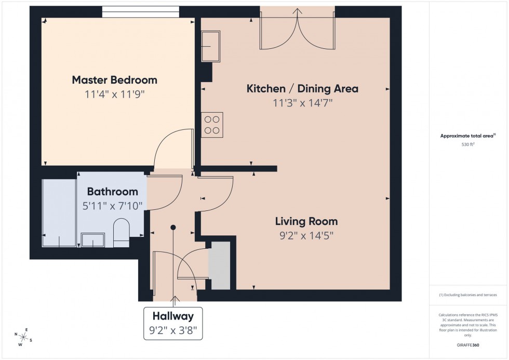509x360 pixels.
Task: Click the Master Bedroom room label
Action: click(114, 80)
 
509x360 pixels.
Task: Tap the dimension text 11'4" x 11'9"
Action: click(114, 95)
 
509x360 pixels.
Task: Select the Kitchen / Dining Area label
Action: click(302, 88)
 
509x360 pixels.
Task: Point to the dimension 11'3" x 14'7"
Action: click(302, 103)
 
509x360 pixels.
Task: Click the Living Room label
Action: click(306, 221)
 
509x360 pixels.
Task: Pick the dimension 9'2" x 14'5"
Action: click(306, 235)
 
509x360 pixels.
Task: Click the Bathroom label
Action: click(112, 192)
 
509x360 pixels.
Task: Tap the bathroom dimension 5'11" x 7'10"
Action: click(112, 206)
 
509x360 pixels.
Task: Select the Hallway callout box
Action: click(173, 323)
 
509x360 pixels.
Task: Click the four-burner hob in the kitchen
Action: click(212, 125)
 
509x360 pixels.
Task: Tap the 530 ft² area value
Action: click(468, 145)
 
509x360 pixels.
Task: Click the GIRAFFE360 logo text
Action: click(468, 344)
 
